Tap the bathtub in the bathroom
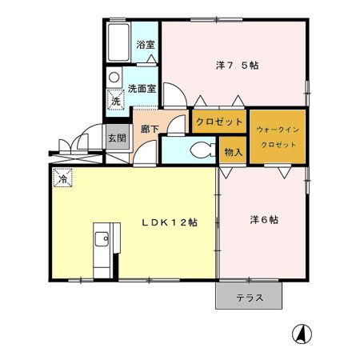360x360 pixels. click(118, 44)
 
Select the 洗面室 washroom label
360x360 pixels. click(145, 82)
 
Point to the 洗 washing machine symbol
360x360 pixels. click(116, 101)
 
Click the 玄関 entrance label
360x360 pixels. click(117, 138)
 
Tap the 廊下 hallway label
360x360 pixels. click(148, 129)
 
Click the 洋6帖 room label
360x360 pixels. click(262, 219)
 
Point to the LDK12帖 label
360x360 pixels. click(170, 222)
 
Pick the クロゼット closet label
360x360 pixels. click(218, 122)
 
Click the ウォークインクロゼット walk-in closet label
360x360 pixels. click(277, 136)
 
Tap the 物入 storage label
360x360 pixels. click(232, 152)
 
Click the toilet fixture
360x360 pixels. click(201, 148)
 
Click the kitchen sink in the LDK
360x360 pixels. click(102, 241)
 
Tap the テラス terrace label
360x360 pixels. click(249, 298)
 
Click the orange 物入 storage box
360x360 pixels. click(232, 152)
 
